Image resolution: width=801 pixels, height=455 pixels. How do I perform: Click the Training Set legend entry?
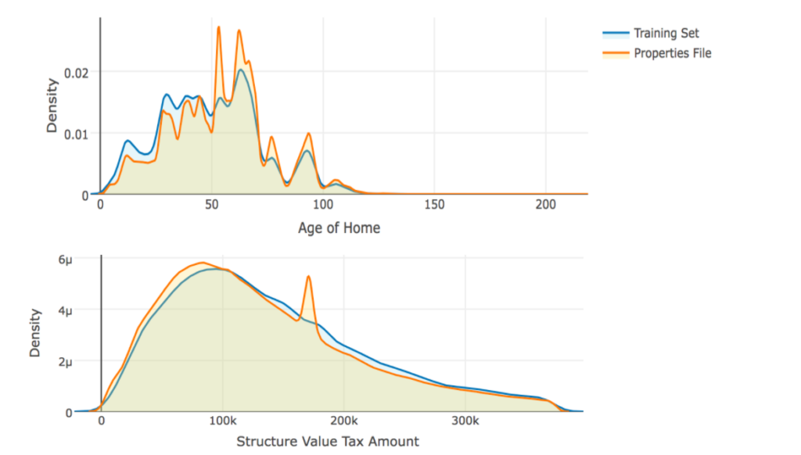[x=666, y=33]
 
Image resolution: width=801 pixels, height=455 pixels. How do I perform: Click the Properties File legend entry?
[x=672, y=53]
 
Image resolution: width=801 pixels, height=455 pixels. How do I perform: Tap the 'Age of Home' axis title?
[x=339, y=228]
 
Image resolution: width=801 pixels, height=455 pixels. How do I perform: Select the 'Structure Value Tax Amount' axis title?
[x=328, y=442]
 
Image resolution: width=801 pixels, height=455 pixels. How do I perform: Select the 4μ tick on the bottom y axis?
[x=84, y=311]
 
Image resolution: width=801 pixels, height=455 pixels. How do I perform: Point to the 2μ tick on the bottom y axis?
[x=84, y=362]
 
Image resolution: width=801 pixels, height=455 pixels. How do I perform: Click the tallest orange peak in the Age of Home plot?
[x=218, y=27]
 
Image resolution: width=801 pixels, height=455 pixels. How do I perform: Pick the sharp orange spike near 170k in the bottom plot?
[x=309, y=277]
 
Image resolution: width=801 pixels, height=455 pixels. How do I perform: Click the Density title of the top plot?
[x=52, y=105]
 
